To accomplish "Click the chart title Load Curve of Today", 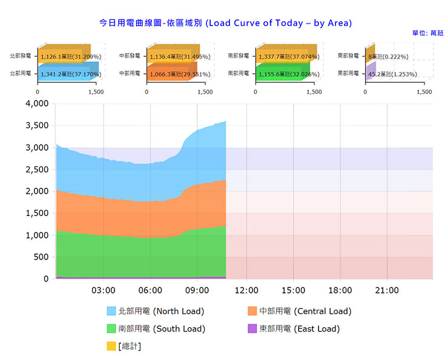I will pos(225,23).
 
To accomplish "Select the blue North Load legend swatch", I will pos(111,312).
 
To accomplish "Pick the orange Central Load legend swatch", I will pos(252,312).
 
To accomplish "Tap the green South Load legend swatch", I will pos(111,329).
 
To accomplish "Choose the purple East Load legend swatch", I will pos(252,329).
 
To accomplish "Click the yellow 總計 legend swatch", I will pos(111,347).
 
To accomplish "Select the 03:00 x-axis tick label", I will pos(104,290).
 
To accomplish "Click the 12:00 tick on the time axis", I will pos(246,290).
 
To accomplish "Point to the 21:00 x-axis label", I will pos(387,290).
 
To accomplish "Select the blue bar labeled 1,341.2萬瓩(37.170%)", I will pos(64,74).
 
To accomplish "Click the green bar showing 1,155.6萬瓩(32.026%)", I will pos(281,74).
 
